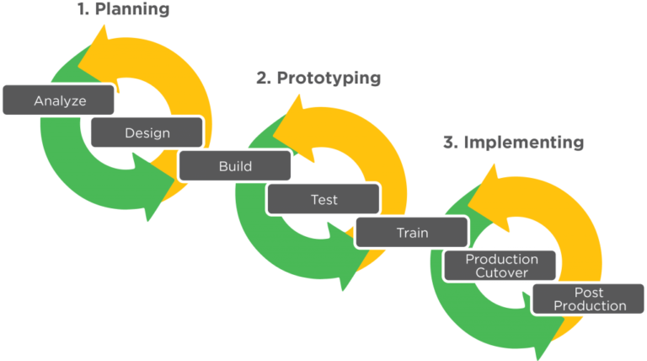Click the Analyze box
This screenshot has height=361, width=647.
(58, 100)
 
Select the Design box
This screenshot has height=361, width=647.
(147, 132)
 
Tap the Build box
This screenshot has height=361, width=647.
(235, 165)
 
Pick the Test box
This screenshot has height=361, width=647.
(323, 199)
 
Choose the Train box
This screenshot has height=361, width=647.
(412, 233)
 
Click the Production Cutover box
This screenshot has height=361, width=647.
(500, 266)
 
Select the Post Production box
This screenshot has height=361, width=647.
(588, 299)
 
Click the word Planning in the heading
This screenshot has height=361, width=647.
(132, 9)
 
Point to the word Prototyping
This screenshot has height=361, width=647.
(329, 78)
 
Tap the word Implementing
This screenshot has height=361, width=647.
(524, 142)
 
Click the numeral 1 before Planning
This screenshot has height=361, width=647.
(83, 9)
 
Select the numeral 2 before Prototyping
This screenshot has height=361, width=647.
(263, 78)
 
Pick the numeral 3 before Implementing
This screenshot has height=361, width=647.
(450, 142)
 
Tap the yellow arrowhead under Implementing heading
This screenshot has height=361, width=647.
(488, 197)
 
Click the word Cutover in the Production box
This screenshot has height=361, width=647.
(501, 272)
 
